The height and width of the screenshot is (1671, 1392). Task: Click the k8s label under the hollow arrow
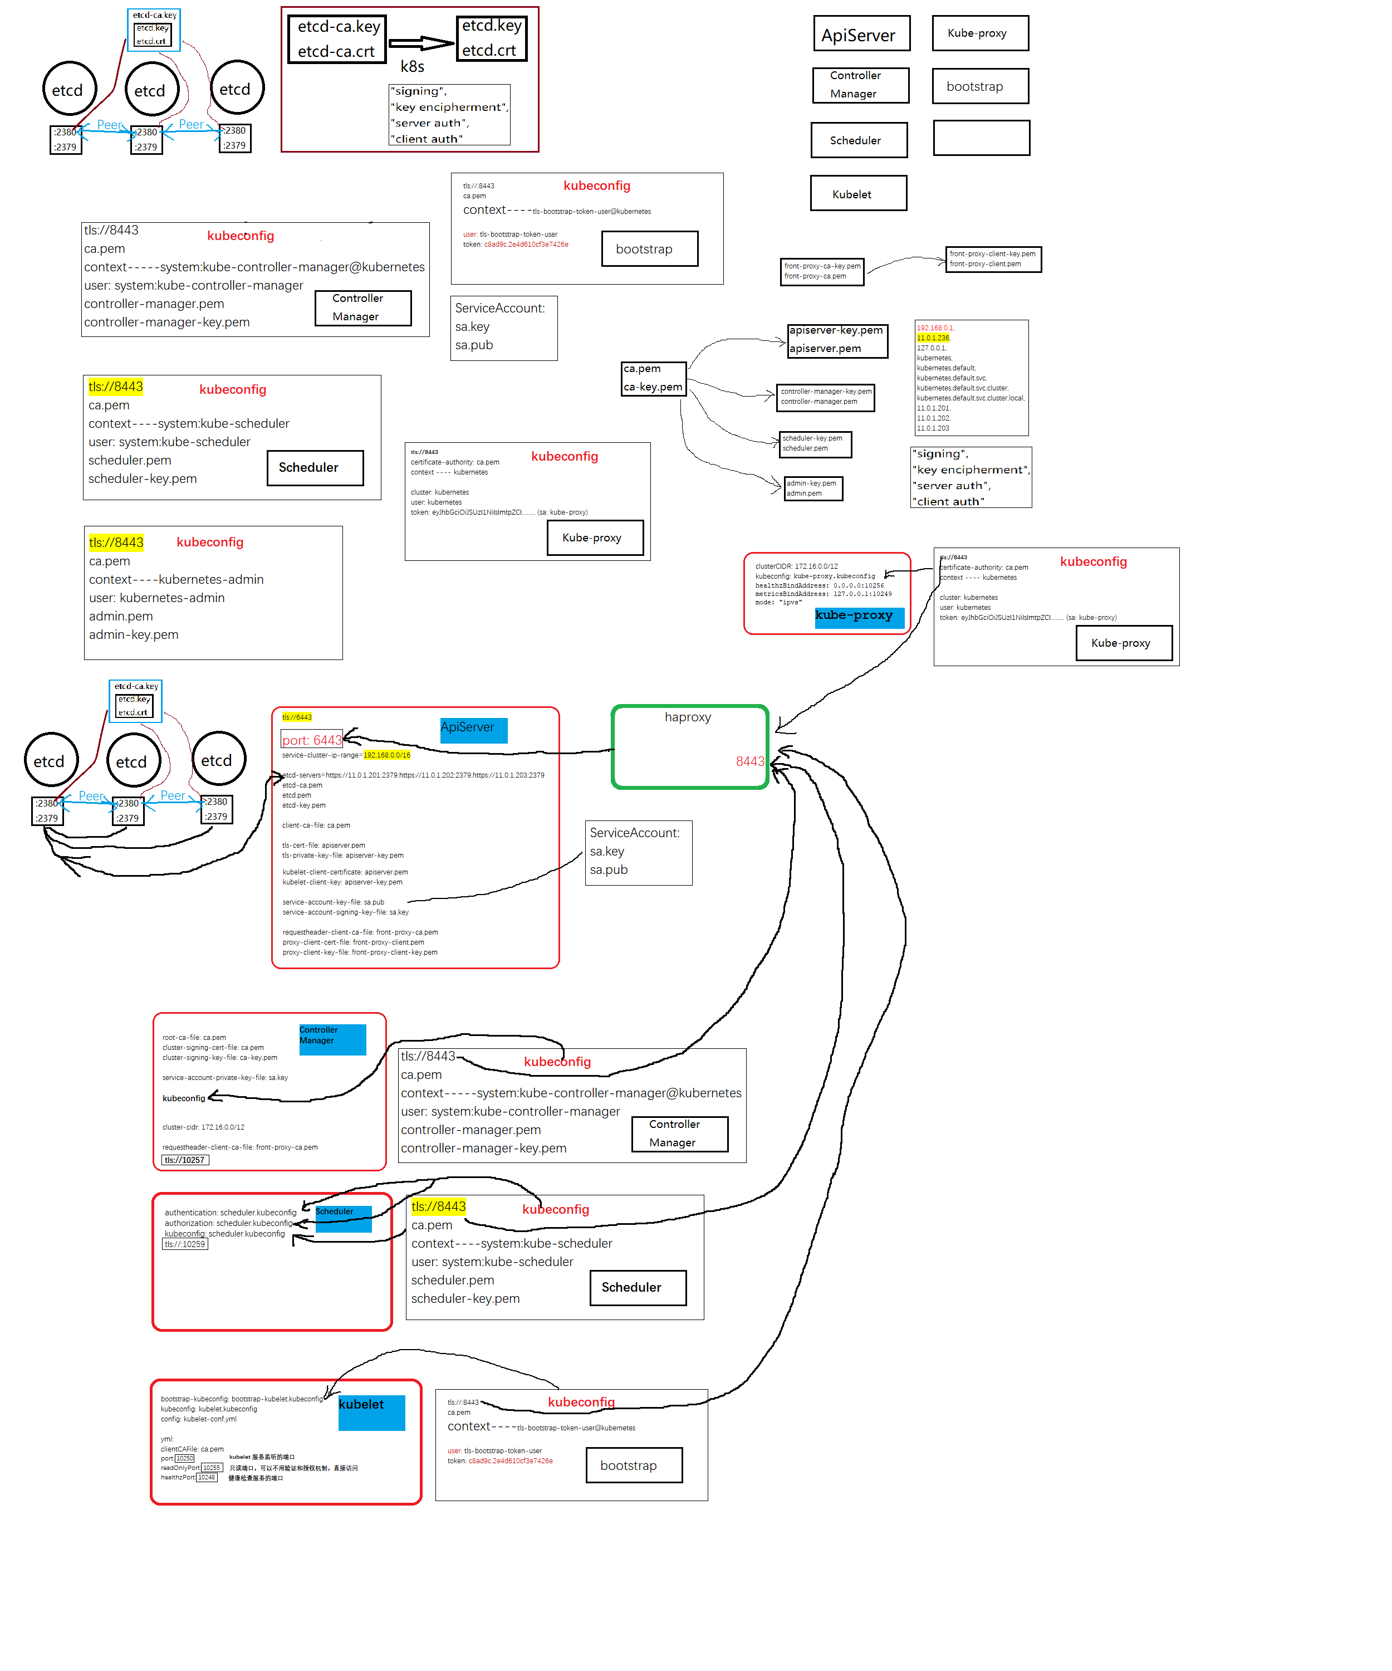(412, 67)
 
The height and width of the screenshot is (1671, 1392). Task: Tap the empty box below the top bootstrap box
(981, 138)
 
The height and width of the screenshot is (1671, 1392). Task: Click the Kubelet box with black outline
(858, 193)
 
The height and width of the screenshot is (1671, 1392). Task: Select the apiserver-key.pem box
(837, 340)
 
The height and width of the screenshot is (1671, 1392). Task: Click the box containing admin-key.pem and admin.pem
(813, 488)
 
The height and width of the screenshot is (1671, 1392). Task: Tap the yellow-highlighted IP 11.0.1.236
(933, 338)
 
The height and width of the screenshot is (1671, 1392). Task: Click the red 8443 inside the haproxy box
(749, 761)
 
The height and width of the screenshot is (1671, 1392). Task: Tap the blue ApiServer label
(473, 729)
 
